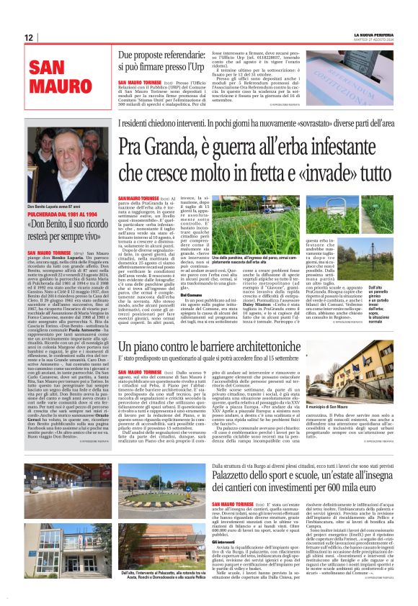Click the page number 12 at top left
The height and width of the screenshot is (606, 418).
28,37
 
